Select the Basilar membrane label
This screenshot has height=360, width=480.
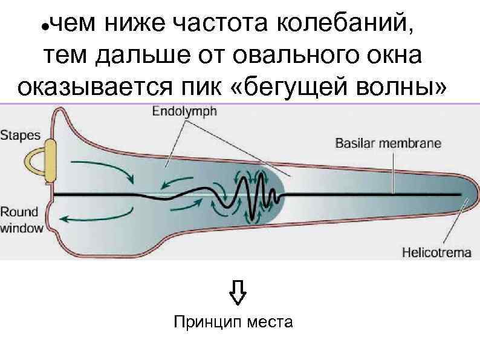[388, 144]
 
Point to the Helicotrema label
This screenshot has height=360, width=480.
[436, 252]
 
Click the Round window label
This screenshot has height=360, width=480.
[21, 220]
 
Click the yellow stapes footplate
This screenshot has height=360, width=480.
[49, 160]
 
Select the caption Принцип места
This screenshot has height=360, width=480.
[233, 321]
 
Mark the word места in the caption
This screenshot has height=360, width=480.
[270, 321]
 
